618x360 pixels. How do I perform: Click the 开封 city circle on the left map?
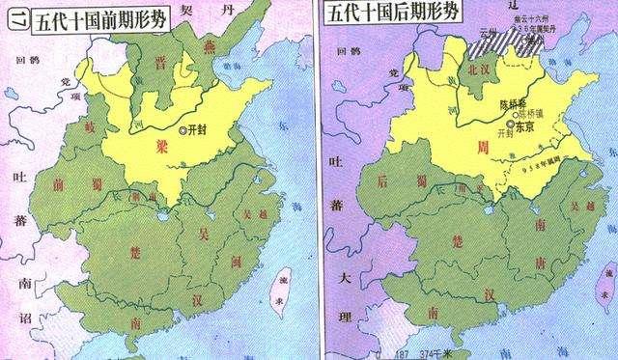pyautogui.click(x=183, y=129)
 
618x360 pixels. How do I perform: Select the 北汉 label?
pyautogui.click(x=472, y=71)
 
